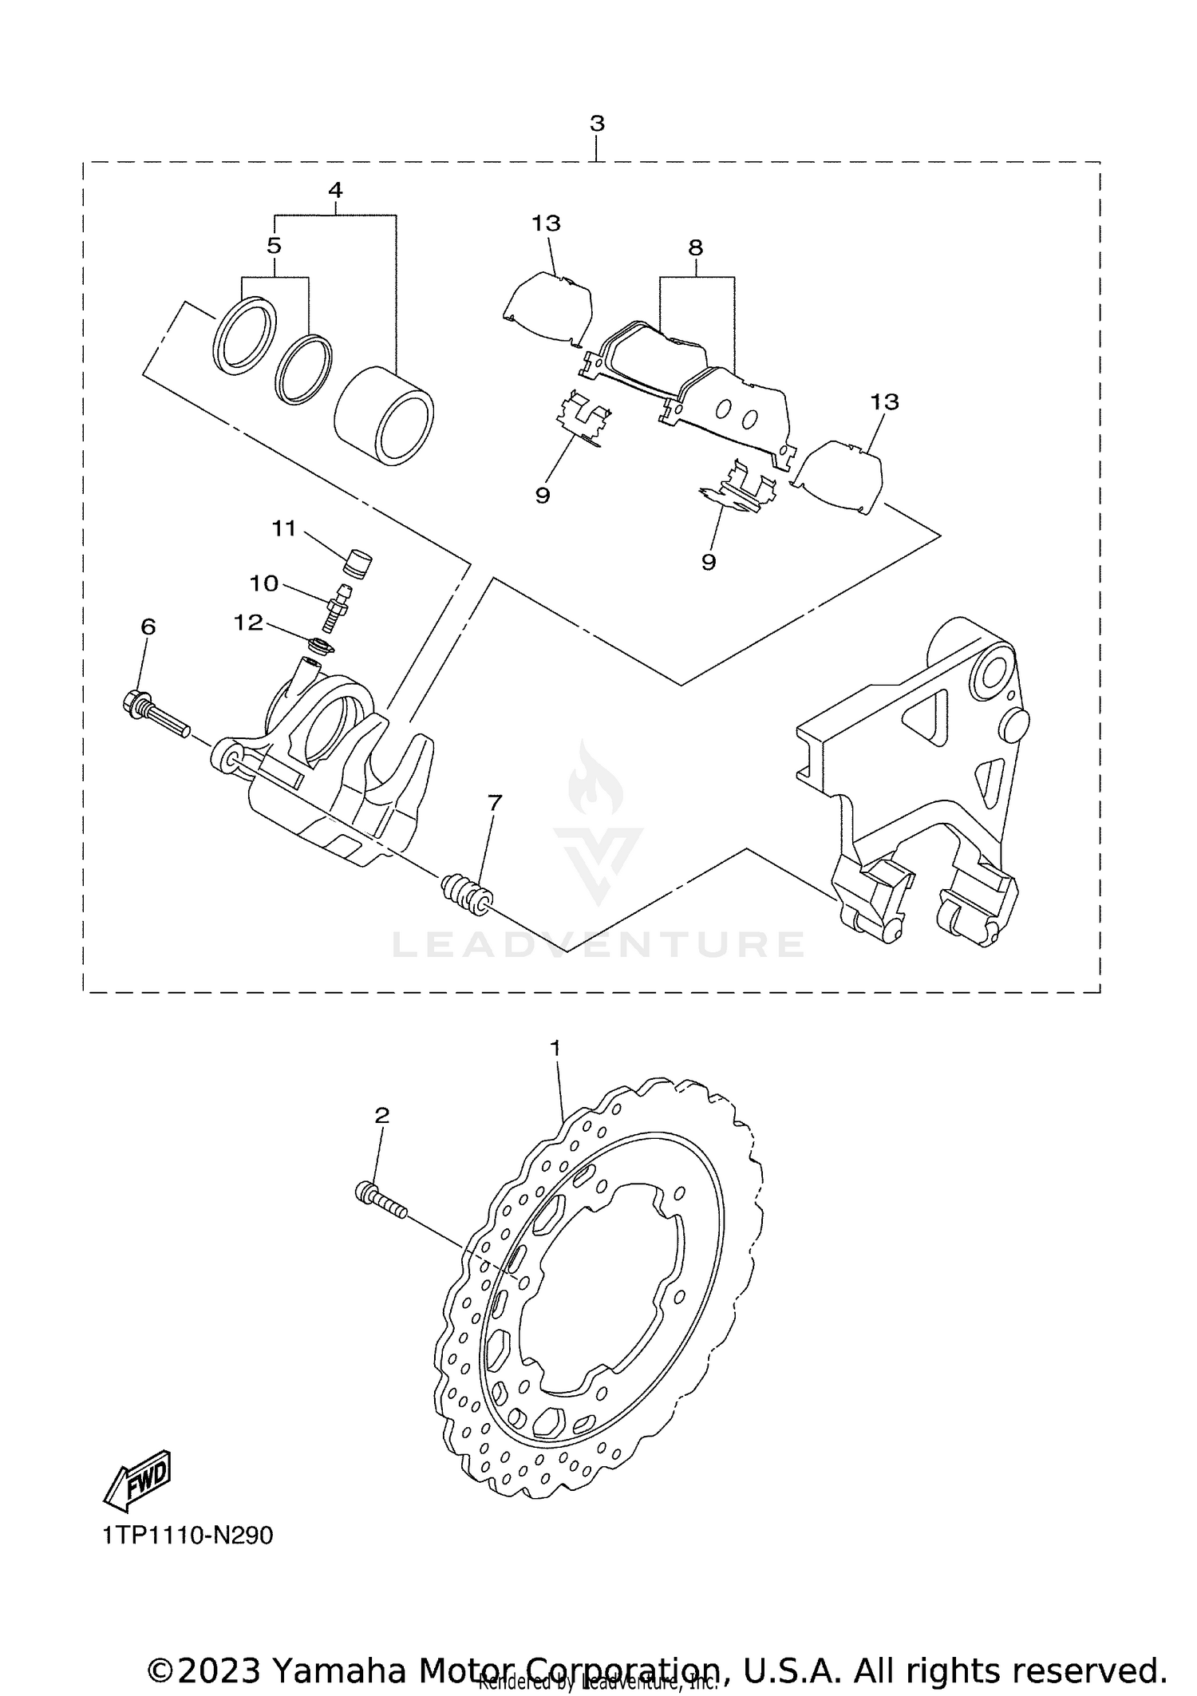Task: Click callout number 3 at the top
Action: tap(597, 124)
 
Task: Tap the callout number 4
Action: tap(335, 190)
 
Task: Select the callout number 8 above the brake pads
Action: tap(695, 247)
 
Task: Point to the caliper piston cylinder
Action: tap(384, 415)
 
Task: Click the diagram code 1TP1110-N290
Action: tap(188, 1535)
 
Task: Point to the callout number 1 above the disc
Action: tap(556, 1046)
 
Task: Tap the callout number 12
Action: tap(248, 623)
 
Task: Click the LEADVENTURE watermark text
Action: tap(598, 945)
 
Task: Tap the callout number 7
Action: tap(495, 803)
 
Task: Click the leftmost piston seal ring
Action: tap(244, 335)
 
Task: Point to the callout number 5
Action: tap(274, 245)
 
